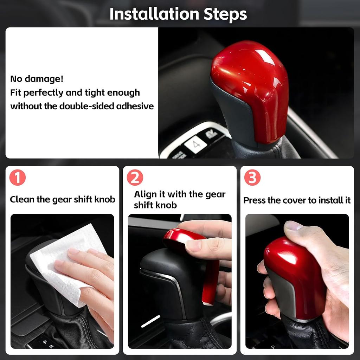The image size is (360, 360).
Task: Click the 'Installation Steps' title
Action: pyautogui.click(x=178, y=14)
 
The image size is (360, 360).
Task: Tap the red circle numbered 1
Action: pyautogui.click(x=18, y=178)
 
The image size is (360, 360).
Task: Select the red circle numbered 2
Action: pyautogui.click(x=135, y=178)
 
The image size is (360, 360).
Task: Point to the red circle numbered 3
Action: pyautogui.click(x=252, y=178)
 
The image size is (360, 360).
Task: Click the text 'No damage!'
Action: pyautogui.click(x=37, y=79)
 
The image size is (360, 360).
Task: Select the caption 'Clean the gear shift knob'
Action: pyautogui.click(x=63, y=200)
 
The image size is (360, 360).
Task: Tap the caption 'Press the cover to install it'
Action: pyautogui.click(x=297, y=200)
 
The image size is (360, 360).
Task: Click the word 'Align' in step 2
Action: pyautogui.click(x=144, y=194)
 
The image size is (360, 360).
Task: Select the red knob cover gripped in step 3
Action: pyautogui.click(x=295, y=274)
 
